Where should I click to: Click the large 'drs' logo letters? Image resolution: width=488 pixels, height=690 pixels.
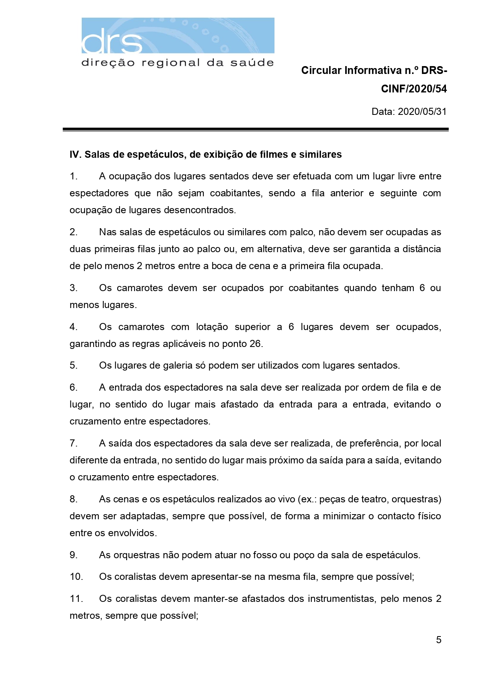[x=112, y=41]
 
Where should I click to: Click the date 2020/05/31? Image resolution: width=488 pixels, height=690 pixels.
[x=422, y=112]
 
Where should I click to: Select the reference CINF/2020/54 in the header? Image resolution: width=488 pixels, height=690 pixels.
[x=414, y=89]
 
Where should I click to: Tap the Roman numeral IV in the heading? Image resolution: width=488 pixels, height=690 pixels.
[x=75, y=155]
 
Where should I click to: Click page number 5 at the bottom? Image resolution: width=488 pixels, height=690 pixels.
[x=438, y=640]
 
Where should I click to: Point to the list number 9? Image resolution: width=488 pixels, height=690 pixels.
[x=74, y=555]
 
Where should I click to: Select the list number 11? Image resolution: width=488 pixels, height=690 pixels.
[x=76, y=599]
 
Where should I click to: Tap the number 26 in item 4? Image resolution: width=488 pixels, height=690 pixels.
[x=255, y=344]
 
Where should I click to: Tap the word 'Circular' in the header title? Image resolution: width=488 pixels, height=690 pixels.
[x=321, y=70]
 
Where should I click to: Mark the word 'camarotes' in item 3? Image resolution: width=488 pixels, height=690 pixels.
[x=140, y=288]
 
